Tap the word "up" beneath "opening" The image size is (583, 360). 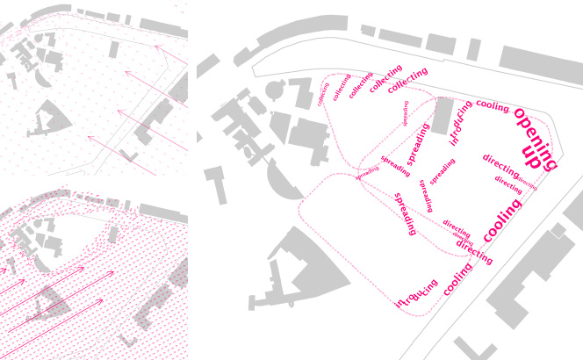[x=530, y=156]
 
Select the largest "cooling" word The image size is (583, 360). [x=501, y=220]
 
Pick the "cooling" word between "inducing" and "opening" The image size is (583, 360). [x=492, y=107]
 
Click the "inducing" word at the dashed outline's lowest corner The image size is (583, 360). [x=417, y=294]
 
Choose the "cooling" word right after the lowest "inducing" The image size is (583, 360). [x=457, y=279]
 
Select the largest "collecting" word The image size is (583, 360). [x=407, y=81]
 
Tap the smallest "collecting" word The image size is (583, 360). [x=323, y=94]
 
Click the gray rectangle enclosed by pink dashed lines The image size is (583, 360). [x=443, y=116]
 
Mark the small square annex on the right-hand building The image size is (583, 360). [x=558, y=230]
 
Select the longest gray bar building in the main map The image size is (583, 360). [x=541, y=67]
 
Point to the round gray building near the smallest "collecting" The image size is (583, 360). [x=275, y=89]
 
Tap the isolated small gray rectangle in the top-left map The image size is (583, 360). [x=114, y=48]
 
